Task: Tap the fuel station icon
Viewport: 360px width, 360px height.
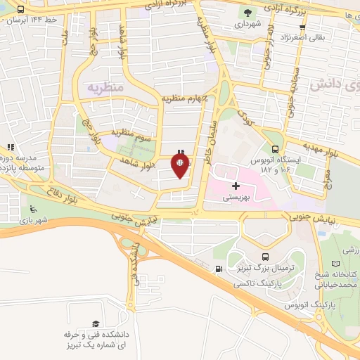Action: tap(220, 269)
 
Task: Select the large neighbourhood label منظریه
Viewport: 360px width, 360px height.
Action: tap(105, 87)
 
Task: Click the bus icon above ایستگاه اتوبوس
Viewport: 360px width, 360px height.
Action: tap(275, 148)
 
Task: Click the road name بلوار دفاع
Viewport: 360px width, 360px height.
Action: tap(70, 197)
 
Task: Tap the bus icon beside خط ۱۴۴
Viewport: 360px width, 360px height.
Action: tap(20, 10)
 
